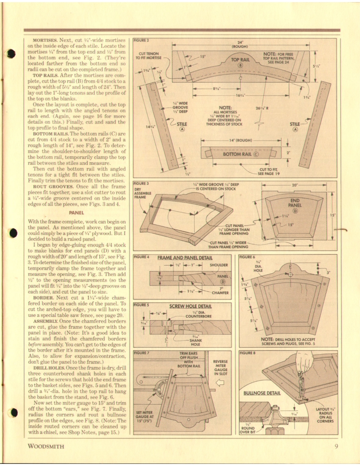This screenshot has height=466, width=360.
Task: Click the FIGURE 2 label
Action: click(x=141, y=40)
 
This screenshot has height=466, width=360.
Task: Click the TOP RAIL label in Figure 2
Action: click(x=240, y=60)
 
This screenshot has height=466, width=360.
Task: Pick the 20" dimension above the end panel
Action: click(x=295, y=185)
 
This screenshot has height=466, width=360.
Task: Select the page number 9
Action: click(x=335, y=446)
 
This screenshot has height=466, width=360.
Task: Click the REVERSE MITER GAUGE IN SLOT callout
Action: click(x=221, y=368)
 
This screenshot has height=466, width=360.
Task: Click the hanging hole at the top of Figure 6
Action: click(x=291, y=274)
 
